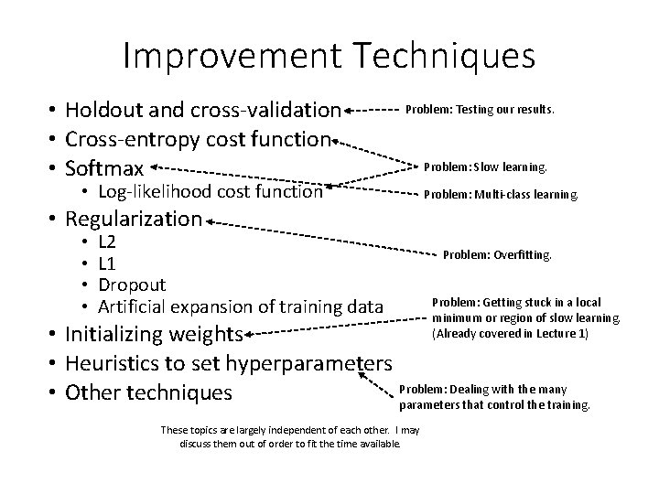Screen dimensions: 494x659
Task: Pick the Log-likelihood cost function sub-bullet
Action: [x=211, y=192]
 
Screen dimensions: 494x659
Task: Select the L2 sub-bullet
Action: [x=107, y=243]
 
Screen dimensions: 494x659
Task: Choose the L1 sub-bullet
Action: [x=107, y=263]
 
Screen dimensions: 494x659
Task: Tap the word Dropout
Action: [x=132, y=285]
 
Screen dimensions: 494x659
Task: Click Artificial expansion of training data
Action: [x=240, y=306]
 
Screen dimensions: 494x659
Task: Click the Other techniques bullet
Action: [x=150, y=392]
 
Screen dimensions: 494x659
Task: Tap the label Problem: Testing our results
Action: [x=481, y=109]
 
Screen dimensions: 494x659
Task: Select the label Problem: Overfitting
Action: [x=498, y=256]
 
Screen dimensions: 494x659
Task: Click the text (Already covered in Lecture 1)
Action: [x=510, y=333]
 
